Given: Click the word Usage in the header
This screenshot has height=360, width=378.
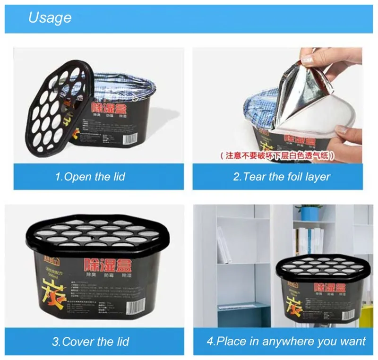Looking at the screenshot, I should (50, 17).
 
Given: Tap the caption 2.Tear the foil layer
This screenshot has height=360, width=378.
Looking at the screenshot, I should (282, 177).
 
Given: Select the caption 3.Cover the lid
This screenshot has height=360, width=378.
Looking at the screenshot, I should (90, 341).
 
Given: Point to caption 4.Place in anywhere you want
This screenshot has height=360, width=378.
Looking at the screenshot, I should (286, 341).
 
